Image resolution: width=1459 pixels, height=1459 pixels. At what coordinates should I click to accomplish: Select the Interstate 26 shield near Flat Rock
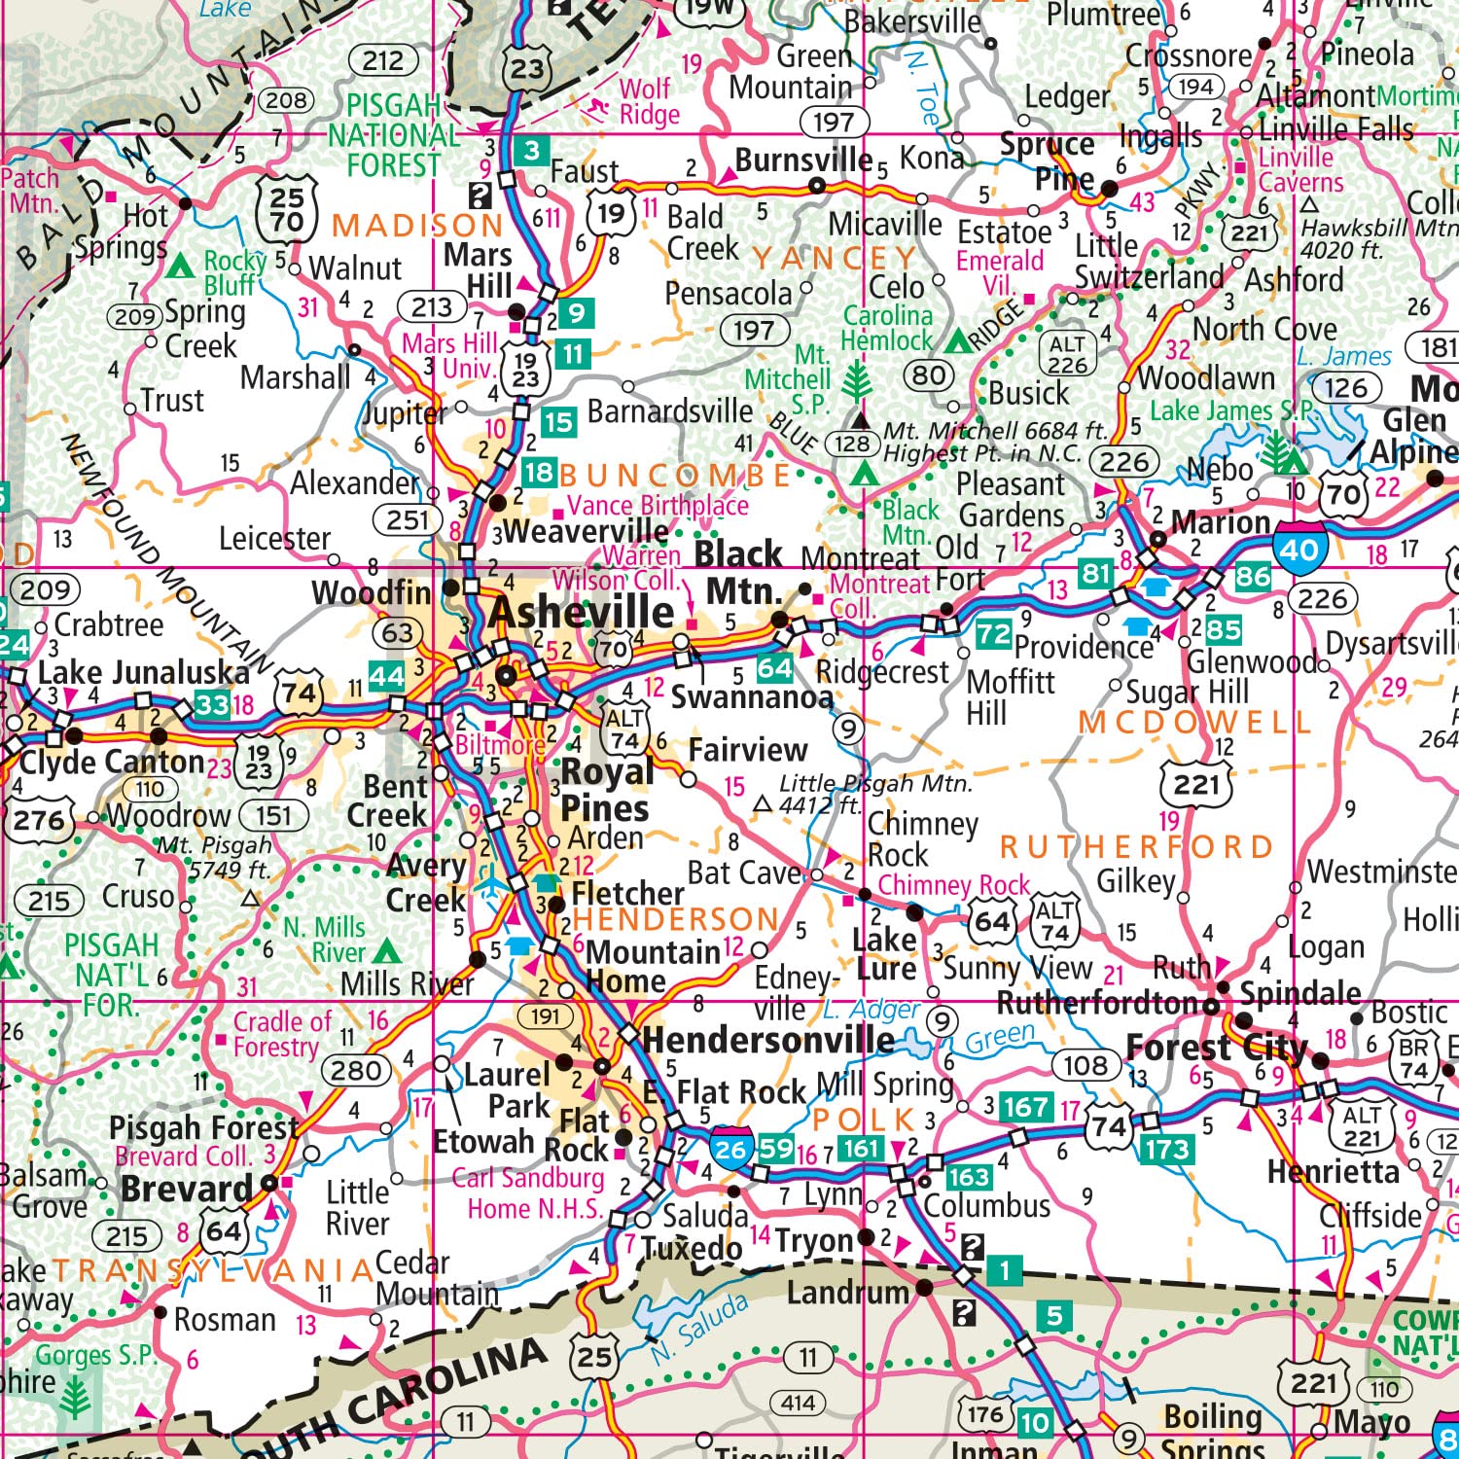coord(730,1149)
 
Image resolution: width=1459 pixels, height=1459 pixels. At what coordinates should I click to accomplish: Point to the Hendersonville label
coord(767,1040)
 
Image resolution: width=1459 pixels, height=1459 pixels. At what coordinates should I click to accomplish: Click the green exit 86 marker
coord(1251,577)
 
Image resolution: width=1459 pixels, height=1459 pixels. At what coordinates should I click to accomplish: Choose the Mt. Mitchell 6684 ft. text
coord(995,430)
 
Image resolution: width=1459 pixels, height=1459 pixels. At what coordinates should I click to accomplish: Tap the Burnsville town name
coord(803,160)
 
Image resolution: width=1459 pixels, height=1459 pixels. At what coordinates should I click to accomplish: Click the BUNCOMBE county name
coord(675,475)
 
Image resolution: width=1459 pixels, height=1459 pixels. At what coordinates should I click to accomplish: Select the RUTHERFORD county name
coord(1136,847)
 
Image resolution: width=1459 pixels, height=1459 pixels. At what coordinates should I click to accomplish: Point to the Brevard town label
coord(187,1189)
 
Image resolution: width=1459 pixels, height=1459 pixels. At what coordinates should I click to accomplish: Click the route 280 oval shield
coord(356,1071)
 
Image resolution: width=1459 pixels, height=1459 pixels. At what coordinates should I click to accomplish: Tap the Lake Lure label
coord(884,954)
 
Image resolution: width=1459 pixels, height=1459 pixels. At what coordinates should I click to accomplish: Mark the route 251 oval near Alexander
coord(408,520)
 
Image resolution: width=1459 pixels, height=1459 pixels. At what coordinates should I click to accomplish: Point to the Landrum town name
coord(847,1292)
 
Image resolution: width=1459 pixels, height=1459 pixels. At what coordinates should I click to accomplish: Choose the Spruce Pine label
coord(1049,161)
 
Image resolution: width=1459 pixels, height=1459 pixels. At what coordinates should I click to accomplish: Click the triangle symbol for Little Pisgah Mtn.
coord(764,804)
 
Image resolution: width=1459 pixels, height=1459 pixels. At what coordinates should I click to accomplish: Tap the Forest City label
coord(1216,1048)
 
